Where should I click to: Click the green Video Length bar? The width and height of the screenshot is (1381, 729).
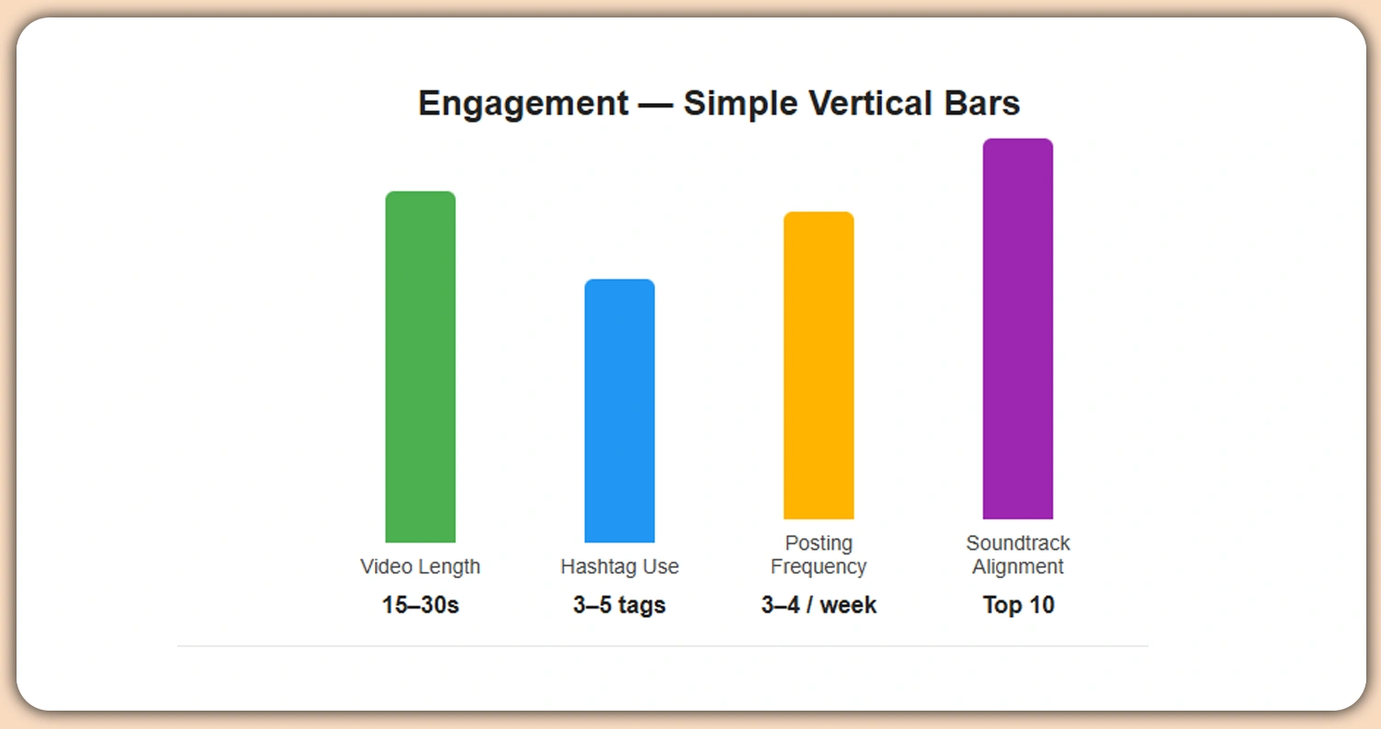420,367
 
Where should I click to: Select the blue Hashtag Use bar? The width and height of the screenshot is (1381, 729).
619,411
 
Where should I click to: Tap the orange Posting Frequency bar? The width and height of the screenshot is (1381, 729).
818,366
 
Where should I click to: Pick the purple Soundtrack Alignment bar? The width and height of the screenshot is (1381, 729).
1017,329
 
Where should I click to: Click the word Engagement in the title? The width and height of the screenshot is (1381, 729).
523,104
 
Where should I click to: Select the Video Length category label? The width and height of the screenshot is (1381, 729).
420,566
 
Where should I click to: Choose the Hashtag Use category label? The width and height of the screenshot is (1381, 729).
619,566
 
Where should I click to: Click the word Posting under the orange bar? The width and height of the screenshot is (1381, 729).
819,543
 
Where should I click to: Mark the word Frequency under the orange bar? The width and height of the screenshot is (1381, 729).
819,566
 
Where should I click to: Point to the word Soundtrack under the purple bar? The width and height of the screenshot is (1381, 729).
1018,543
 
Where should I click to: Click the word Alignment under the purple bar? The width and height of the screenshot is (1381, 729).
1018,566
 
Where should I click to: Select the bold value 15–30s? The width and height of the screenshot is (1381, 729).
420,606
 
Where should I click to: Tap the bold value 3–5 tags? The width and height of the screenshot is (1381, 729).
619,606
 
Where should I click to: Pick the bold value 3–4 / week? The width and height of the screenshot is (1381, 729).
819,606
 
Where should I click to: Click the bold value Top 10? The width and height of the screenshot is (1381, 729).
1018,606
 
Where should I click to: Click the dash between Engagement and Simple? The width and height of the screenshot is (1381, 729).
655,104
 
